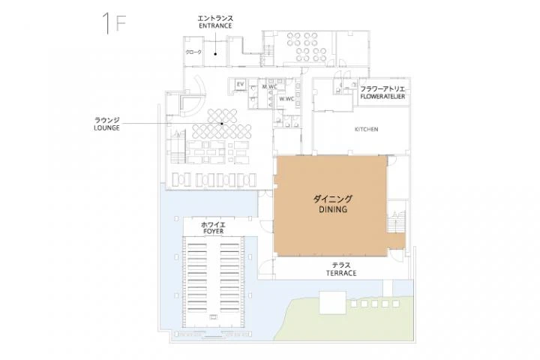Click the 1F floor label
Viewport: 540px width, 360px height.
114,23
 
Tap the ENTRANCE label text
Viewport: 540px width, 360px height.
215,25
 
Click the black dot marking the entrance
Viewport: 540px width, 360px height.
215,54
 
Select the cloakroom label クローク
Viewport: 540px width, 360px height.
193,52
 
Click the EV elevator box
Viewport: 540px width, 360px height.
241,84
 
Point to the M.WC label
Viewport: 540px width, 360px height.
269,86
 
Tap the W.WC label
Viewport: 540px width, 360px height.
286,99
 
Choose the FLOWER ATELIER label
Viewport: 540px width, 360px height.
382,97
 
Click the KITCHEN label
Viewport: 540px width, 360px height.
367,129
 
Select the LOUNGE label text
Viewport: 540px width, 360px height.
106,127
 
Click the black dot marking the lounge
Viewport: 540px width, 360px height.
222,123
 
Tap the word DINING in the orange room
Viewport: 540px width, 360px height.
333,209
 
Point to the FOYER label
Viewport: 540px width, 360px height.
214,232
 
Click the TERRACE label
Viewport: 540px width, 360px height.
341,273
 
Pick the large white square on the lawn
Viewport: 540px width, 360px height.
333,302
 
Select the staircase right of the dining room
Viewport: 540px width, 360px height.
396,221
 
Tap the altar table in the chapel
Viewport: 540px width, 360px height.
214,316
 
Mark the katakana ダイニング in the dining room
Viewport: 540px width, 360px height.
333,199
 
